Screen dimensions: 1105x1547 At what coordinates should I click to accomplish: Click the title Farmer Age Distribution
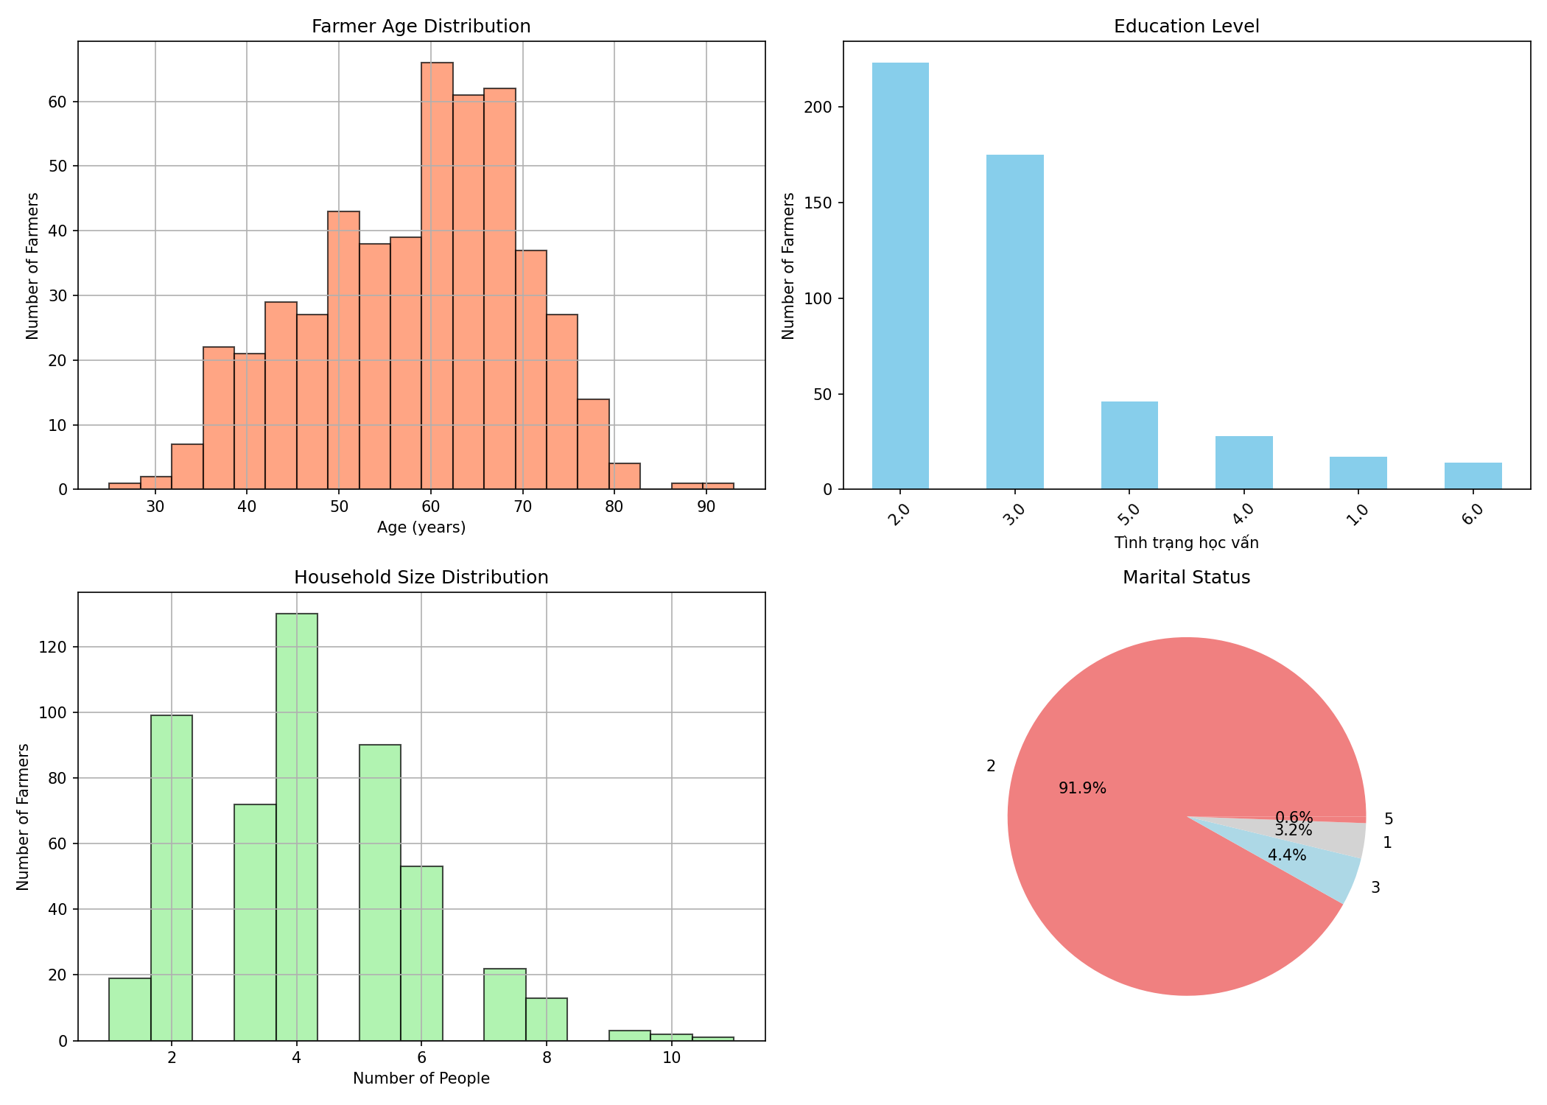click(421, 27)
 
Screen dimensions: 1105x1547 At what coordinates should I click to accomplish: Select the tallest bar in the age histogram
click(437, 276)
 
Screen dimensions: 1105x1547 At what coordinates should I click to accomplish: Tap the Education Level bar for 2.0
click(900, 276)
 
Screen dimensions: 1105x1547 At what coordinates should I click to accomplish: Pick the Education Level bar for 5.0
click(1129, 445)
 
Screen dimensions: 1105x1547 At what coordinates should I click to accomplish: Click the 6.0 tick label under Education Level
click(1474, 511)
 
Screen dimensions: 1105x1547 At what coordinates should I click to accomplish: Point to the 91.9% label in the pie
click(1082, 788)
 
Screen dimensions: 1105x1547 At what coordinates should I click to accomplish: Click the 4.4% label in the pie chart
click(1287, 855)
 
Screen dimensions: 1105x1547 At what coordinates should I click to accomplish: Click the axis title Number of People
click(421, 1078)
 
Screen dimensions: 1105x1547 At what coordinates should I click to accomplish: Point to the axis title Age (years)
click(421, 527)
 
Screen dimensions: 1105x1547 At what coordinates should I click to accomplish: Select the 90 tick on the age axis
click(706, 507)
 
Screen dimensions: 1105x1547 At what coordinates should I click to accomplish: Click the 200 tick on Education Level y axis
click(822, 108)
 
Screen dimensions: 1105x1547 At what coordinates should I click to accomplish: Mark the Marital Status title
click(1186, 578)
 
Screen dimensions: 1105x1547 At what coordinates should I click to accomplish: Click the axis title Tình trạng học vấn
click(1186, 543)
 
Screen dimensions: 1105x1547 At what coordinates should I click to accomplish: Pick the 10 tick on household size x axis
click(671, 1058)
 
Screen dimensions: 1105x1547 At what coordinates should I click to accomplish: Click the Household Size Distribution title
click(421, 578)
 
